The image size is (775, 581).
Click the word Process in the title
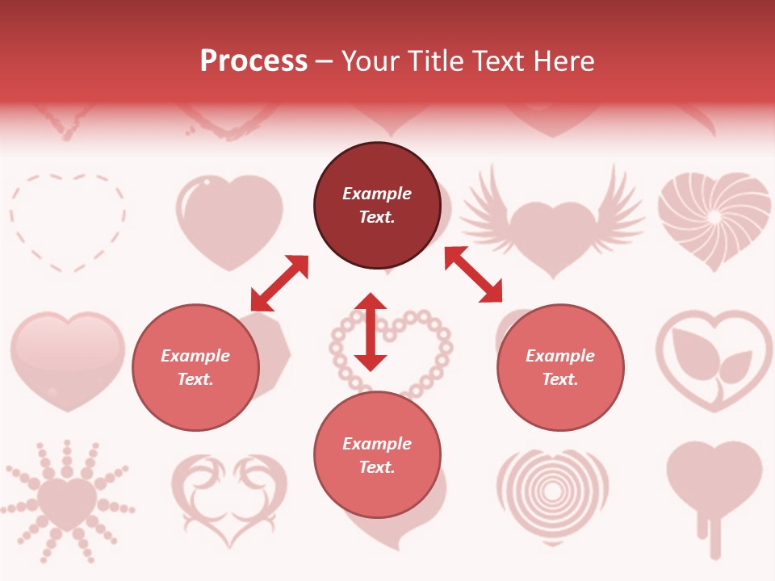[253, 61]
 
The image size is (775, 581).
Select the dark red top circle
[377, 206]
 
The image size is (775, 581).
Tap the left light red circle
[195, 367]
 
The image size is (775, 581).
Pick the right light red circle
[560, 367]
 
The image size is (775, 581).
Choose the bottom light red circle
[377, 455]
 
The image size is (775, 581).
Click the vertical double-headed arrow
[371, 332]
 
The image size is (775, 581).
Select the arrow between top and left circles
[279, 282]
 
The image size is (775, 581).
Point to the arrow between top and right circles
[473, 274]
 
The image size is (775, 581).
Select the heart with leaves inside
[714, 360]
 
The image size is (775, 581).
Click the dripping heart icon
[714, 488]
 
